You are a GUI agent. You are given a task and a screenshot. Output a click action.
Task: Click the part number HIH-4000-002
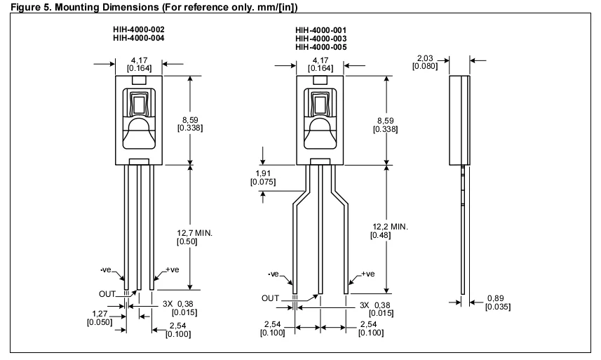pos(139,29)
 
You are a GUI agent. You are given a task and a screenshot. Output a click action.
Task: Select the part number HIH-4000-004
pos(139,38)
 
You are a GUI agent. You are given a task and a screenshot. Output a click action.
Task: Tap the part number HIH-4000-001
pos(320,29)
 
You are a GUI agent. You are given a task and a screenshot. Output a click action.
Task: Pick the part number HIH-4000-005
pos(320,46)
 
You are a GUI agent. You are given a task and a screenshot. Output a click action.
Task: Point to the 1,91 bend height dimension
pos(263,173)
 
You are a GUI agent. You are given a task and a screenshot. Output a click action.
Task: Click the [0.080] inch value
pos(426,67)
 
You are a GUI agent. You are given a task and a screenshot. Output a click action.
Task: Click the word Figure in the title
pos(18,6)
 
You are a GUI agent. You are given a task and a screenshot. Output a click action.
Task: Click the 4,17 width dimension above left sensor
pos(139,61)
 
